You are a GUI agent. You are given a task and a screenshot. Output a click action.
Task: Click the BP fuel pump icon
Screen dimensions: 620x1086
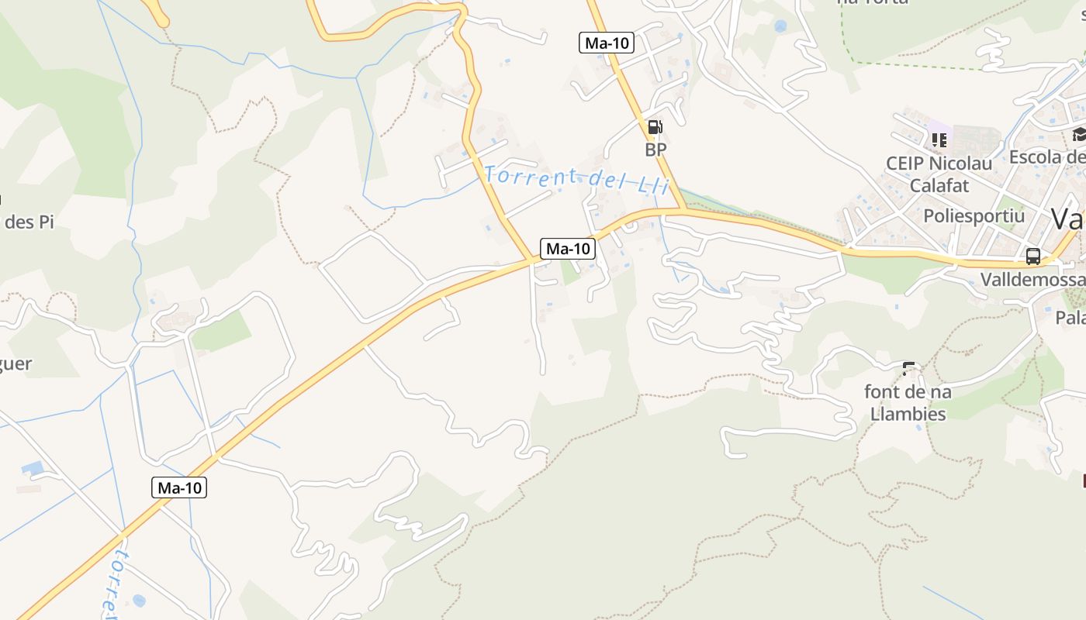(x=655, y=127)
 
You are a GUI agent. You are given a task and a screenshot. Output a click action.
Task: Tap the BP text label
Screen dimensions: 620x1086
(x=655, y=150)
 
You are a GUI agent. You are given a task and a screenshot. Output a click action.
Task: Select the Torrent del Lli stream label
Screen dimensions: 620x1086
(x=576, y=180)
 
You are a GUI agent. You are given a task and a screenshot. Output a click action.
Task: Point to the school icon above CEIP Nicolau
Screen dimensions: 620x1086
(x=939, y=140)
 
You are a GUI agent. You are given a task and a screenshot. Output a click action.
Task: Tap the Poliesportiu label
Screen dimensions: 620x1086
(x=974, y=215)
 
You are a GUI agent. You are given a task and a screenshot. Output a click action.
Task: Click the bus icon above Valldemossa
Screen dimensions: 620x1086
(x=1032, y=257)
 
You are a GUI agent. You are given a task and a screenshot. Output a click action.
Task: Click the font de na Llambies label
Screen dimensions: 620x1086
(x=908, y=402)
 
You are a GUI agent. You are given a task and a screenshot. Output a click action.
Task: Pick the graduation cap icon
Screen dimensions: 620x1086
(x=1079, y=135)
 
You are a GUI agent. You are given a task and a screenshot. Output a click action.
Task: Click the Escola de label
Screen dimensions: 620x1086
(x=1046, y=157)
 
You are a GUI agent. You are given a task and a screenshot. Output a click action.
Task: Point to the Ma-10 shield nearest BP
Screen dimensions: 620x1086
(x=607, y=43)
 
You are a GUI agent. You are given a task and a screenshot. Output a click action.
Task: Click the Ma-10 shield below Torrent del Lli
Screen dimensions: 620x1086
(x=568, y=249)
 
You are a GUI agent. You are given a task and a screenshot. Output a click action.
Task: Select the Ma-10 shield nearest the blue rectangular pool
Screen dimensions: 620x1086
(x=179, y=487)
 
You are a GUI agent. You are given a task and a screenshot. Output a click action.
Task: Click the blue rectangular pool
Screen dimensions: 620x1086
(x=33, y=468)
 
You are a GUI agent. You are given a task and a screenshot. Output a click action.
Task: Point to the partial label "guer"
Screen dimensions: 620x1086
(x=16, y=363)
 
